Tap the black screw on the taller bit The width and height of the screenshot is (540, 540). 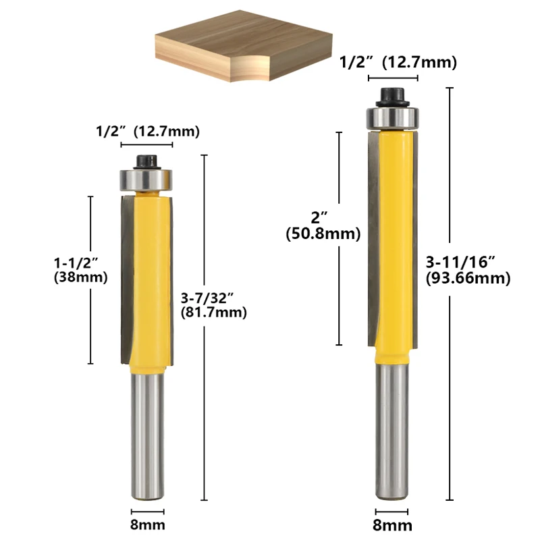[x=392, y=98]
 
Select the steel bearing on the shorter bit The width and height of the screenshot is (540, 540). [x=146, y=180]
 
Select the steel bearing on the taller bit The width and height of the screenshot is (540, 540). [x=392, y=119]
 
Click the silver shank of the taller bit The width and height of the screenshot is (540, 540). [x=392, y=431]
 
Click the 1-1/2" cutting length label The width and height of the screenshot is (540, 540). [x=76, y=263]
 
